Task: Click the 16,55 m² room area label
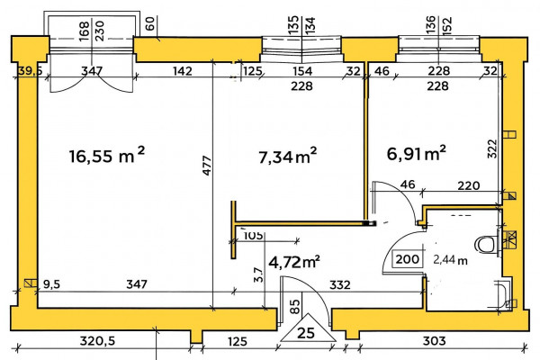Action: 107,156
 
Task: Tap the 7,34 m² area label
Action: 288,157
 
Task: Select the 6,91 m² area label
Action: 417,153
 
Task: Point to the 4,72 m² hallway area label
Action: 294,262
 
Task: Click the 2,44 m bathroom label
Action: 451,260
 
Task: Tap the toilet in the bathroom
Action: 486,244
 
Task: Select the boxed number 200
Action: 408,258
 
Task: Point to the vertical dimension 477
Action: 207,166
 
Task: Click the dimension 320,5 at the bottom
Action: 97,341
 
